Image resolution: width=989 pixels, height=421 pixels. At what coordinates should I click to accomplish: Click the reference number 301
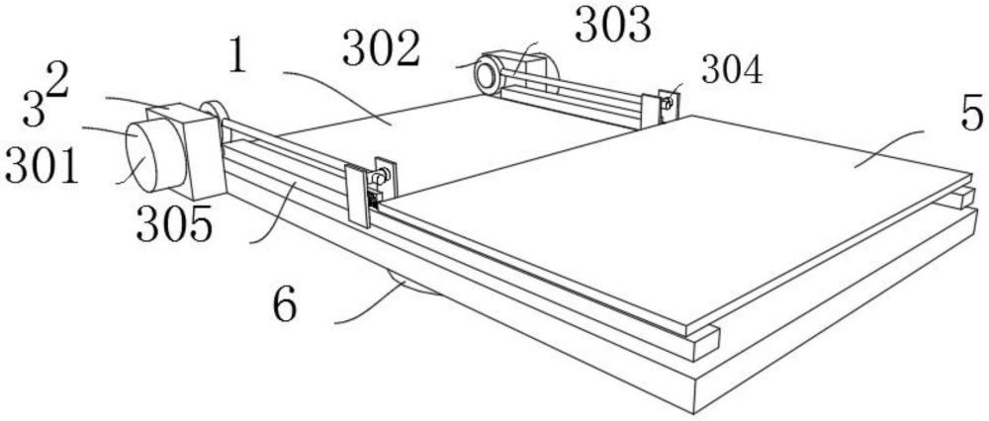pos(40,168)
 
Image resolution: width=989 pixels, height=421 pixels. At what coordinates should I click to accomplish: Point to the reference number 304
pos(732,70)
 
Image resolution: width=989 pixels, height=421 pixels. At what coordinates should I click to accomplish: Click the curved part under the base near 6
pos(415,289)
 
